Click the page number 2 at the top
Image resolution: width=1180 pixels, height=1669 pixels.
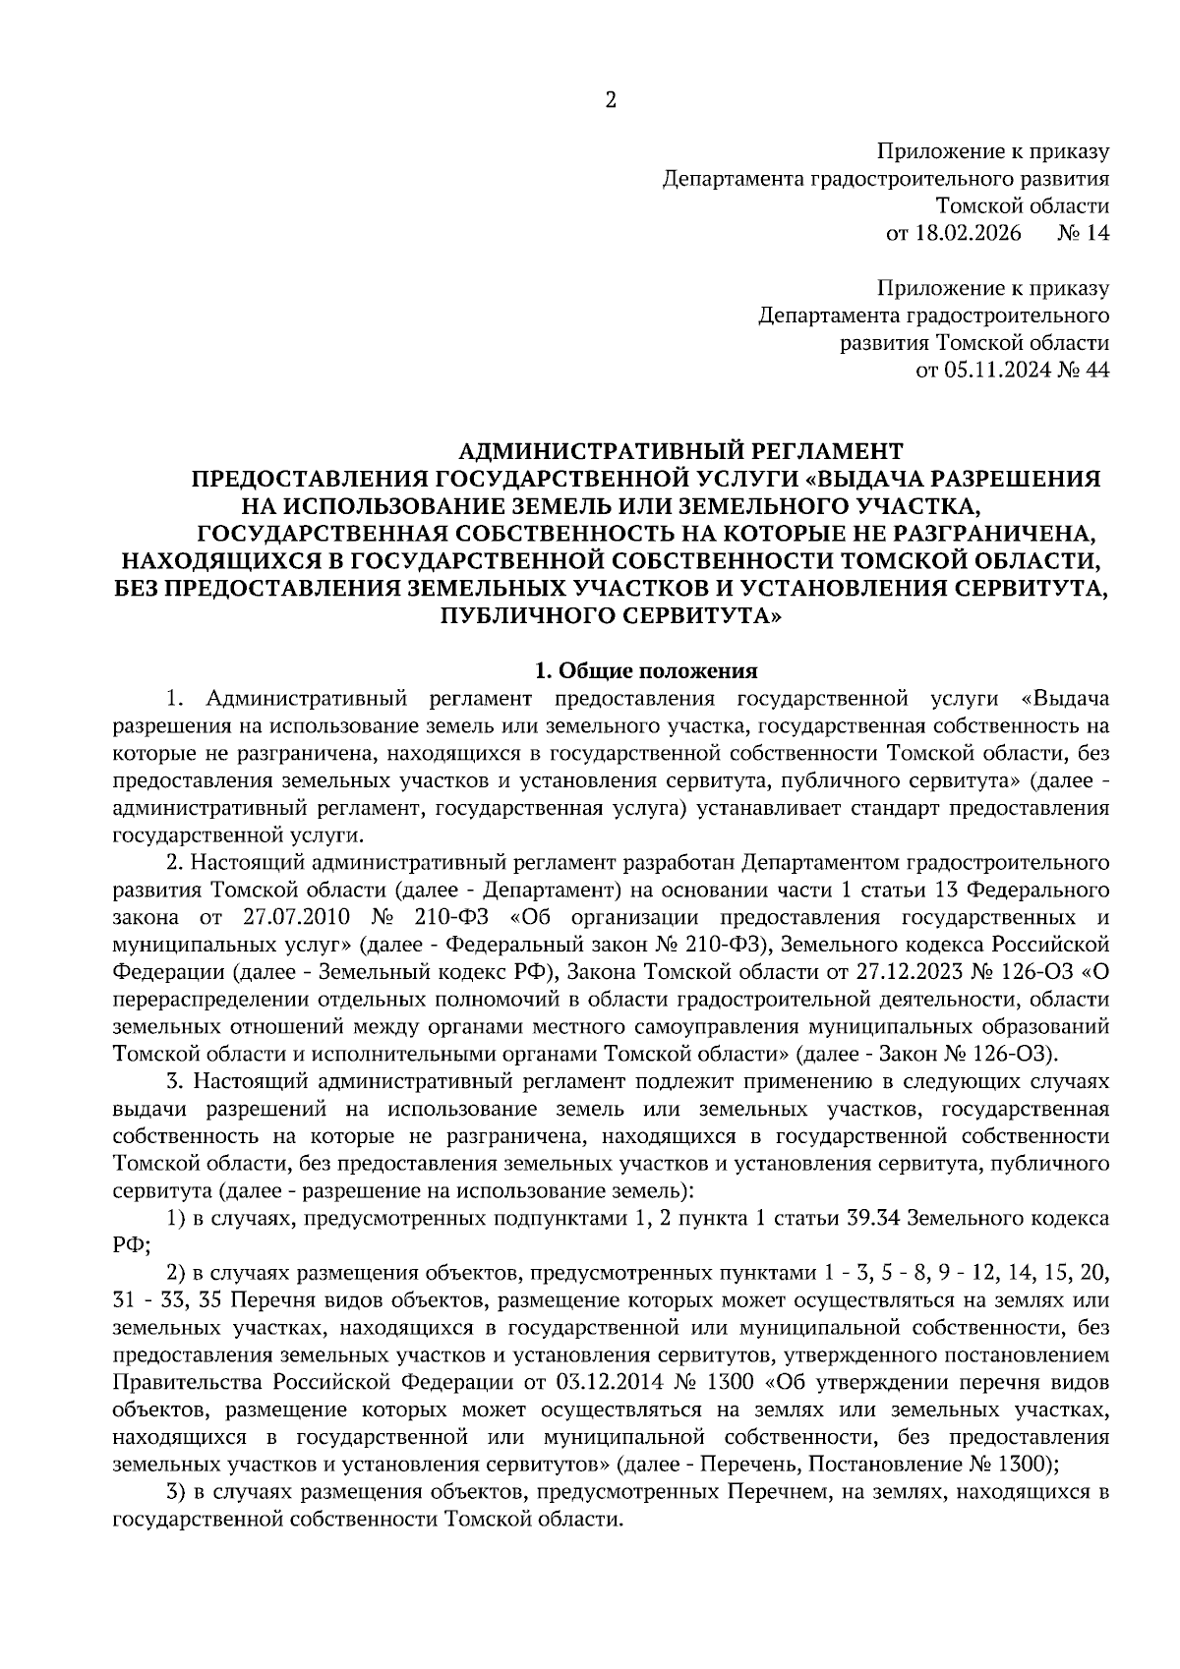point(610,100)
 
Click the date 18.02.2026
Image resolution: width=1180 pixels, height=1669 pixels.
point(968,234)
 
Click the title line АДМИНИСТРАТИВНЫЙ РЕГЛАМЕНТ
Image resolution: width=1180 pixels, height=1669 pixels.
point(680,451)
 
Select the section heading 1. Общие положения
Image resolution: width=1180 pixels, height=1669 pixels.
point(645,671)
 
